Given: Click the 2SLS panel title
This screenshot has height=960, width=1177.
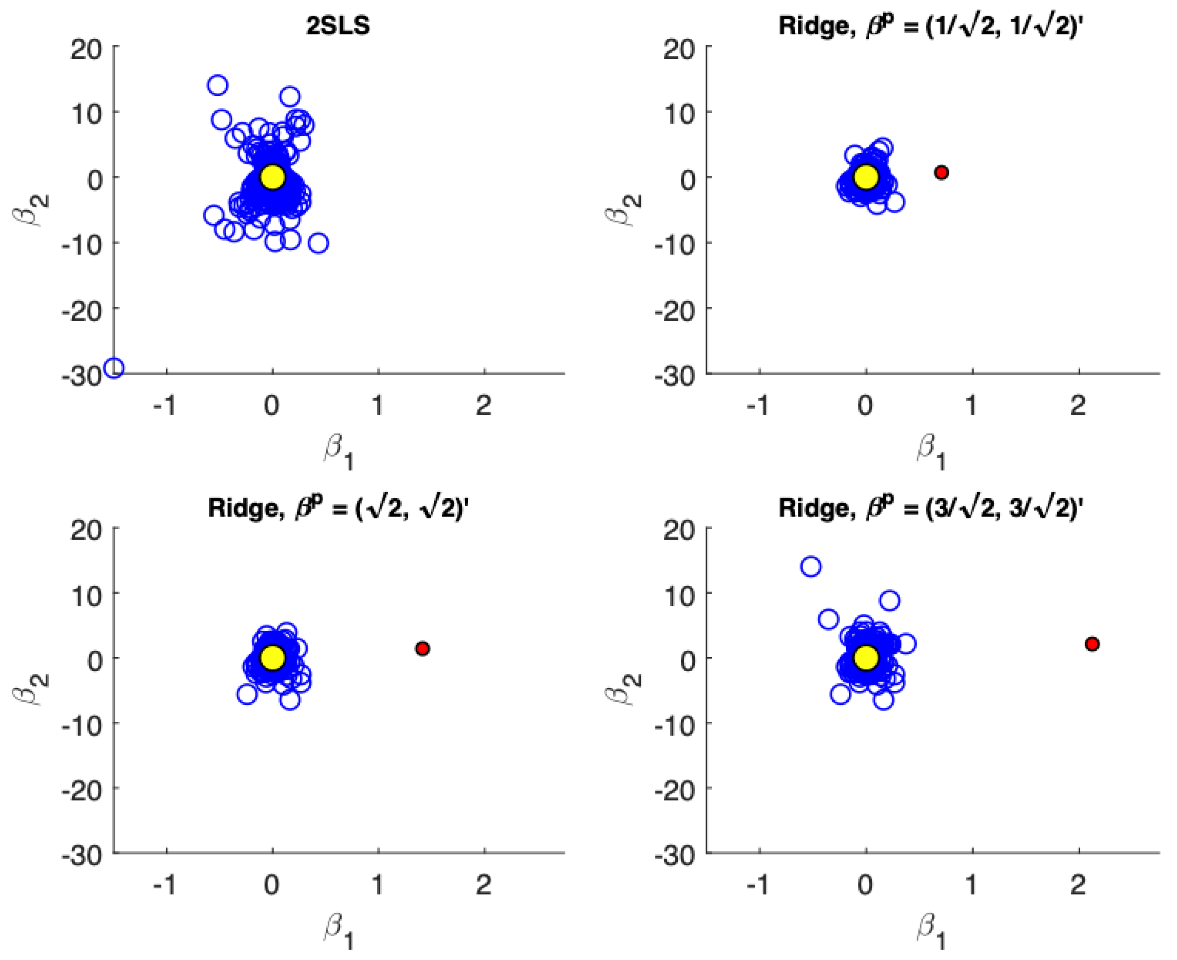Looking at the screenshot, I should (x=338, y=26).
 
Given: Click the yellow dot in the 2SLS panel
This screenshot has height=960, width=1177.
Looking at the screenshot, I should (x=273, y=177).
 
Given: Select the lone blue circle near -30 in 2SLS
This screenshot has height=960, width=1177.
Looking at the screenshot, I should (x=115, y=368).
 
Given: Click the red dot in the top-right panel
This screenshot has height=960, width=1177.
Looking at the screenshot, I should (x=941, y=172).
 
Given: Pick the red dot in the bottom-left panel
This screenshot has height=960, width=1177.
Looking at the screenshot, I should (x=423, y=649).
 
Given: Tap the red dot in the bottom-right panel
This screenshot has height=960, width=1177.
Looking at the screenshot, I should (x=1092, y=644).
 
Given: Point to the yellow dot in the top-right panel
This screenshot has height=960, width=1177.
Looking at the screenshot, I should (x=866, y=177).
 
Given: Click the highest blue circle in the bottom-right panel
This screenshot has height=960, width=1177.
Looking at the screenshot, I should (x=811, y=566).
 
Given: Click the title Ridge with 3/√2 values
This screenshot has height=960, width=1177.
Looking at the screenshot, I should (x=929, y=507).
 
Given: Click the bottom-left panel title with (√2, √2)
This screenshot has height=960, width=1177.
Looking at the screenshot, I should (x=338, y=507).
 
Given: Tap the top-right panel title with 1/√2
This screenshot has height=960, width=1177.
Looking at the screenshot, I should (x=929, y=26).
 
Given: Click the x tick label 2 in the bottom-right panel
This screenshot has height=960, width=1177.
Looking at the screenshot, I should (x=1077, y=886).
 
